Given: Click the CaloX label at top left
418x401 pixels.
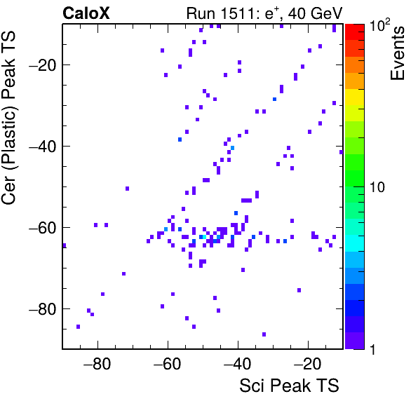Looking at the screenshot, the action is (x=86, y=13).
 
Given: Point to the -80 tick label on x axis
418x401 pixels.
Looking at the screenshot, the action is (x=97, y=364).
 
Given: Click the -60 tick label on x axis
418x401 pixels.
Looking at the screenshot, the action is (x=167, y=364).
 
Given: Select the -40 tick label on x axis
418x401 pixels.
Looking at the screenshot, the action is (x=237, y=364).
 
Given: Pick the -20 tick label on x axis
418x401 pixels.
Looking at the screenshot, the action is (x=307, y=364).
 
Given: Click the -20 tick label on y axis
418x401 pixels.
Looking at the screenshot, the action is (x=43, y=64).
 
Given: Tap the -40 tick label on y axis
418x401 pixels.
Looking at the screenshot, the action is (x=43, y=146).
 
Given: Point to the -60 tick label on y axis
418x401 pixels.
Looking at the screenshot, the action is (x=43, y=227).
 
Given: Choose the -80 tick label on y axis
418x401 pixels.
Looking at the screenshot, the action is (x=43, y=308).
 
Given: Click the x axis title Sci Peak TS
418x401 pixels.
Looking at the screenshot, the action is (x=289, y=386).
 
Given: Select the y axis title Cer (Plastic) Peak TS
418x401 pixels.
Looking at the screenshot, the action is (x=9, y=118).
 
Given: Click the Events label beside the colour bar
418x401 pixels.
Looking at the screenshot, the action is (x=398, y=53).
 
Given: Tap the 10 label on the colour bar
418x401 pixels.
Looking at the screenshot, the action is (x=377, y=187).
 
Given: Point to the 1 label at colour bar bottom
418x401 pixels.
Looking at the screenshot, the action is (x=372, y=349).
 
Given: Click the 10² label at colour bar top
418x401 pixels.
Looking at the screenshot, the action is (x=379, y=25).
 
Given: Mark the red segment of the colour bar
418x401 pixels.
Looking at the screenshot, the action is (x=355, y=32).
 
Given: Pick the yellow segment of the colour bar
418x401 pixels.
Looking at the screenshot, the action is (x=355, y=97).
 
